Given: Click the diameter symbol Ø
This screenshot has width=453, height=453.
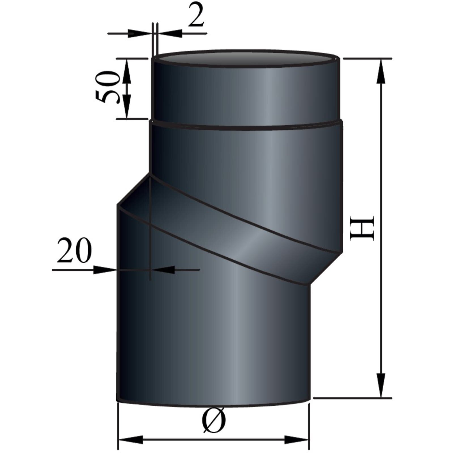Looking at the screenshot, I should [214, 421].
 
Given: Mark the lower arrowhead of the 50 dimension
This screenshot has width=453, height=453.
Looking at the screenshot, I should [127, 106].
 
